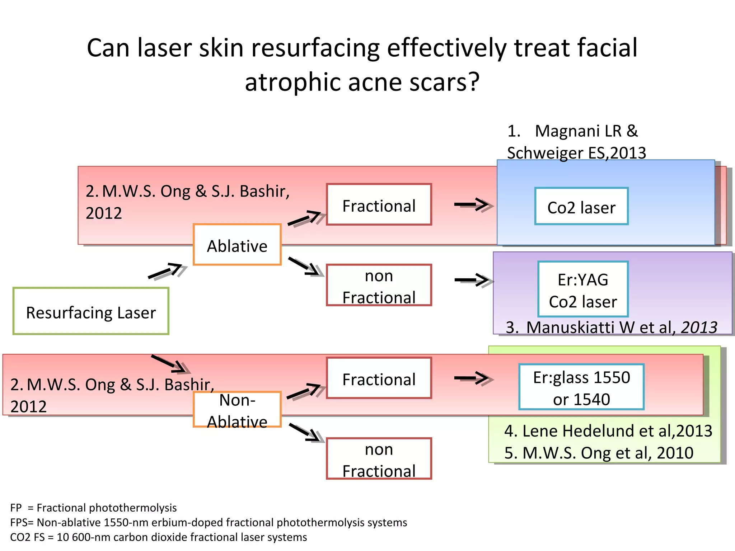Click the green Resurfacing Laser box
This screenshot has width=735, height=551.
(91, 311)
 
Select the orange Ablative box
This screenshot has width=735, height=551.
(237, 245)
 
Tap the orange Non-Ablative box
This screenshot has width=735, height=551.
(237, 410)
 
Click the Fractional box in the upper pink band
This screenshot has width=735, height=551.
(379, 204)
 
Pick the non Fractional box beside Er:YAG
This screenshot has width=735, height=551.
(379, 285)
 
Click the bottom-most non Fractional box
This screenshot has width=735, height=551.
(379, 459)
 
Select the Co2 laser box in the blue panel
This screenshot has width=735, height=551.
(581, 207)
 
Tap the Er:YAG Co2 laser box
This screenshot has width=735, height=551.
(583, 289)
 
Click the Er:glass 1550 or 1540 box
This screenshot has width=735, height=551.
(581, 387)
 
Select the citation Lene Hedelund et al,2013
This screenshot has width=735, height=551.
(608, 431)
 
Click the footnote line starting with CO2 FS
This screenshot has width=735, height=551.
(158, 537)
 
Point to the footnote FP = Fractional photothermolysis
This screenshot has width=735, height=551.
(93, 508)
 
